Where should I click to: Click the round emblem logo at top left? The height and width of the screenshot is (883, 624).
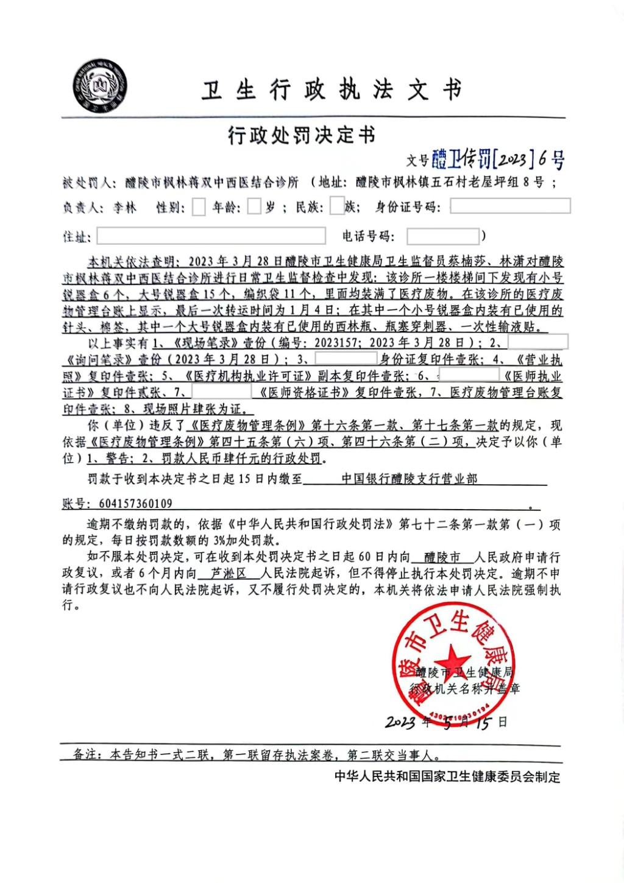pos(99,86)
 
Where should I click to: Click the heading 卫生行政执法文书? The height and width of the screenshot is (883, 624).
pos(332,91)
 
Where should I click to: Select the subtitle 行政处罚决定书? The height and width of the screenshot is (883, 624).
pos(302,135)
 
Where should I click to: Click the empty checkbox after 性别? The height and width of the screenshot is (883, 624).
pos(199,207)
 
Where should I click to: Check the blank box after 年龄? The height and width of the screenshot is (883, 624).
pos(254,207)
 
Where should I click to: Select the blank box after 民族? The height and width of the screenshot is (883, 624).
pos(337,206)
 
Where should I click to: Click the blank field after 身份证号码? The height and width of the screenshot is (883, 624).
pos(510,206)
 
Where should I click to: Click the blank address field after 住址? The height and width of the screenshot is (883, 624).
pos(211,236)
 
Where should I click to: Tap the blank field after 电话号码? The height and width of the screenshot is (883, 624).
pos(443,236)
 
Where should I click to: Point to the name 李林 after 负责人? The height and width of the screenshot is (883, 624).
pos(124,208)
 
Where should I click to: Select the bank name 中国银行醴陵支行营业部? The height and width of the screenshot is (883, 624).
pos(409,479)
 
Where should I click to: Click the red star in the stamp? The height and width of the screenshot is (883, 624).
pos(452,660)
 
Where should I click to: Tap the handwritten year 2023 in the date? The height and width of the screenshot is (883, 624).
pos(400,722)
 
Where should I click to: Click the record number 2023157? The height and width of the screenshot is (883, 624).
pos(336,343)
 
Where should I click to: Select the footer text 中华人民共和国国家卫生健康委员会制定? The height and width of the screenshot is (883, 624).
pos(447,776)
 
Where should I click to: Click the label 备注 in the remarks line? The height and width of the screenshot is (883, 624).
pos(85,755)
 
